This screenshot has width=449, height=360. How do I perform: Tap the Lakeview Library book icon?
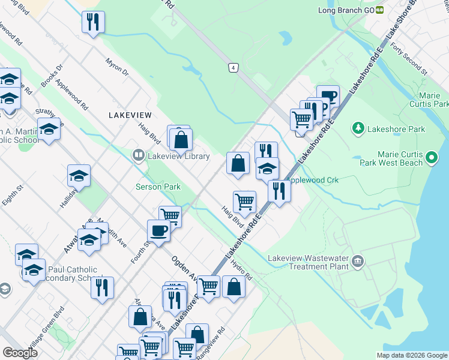pyautogui.click(x=139, y=156)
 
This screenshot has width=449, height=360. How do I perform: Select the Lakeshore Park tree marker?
pyautogui.click(x=358, y=128)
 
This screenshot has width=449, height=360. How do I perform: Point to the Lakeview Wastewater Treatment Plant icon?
pyautogui.click(x=358, y=261)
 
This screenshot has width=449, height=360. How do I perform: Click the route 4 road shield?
pyautogui.click(x=232, y=67)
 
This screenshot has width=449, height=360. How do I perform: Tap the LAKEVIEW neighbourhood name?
pyautogui.click(x=130, y=115)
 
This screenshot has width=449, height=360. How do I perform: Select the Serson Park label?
pyautogui.click(x=157, y=187)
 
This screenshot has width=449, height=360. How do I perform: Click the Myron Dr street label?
pyautogui.click(x=117, y=67)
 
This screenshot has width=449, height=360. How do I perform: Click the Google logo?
pyautogui.click(x=20, y=353)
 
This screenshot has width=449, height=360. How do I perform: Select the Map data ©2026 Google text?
pyautogui.click(x=411, y=355)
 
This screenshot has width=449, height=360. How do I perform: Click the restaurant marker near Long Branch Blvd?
pyautogui.click(x=93, y=23)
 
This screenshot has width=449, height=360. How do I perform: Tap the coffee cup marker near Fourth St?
pyautogui.click(x=159, y=230)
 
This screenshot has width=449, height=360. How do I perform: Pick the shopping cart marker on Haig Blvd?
pyautogui.click(x=244, y=202)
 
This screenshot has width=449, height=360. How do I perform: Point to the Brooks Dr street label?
pyautogui.click(x=52, y=76)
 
